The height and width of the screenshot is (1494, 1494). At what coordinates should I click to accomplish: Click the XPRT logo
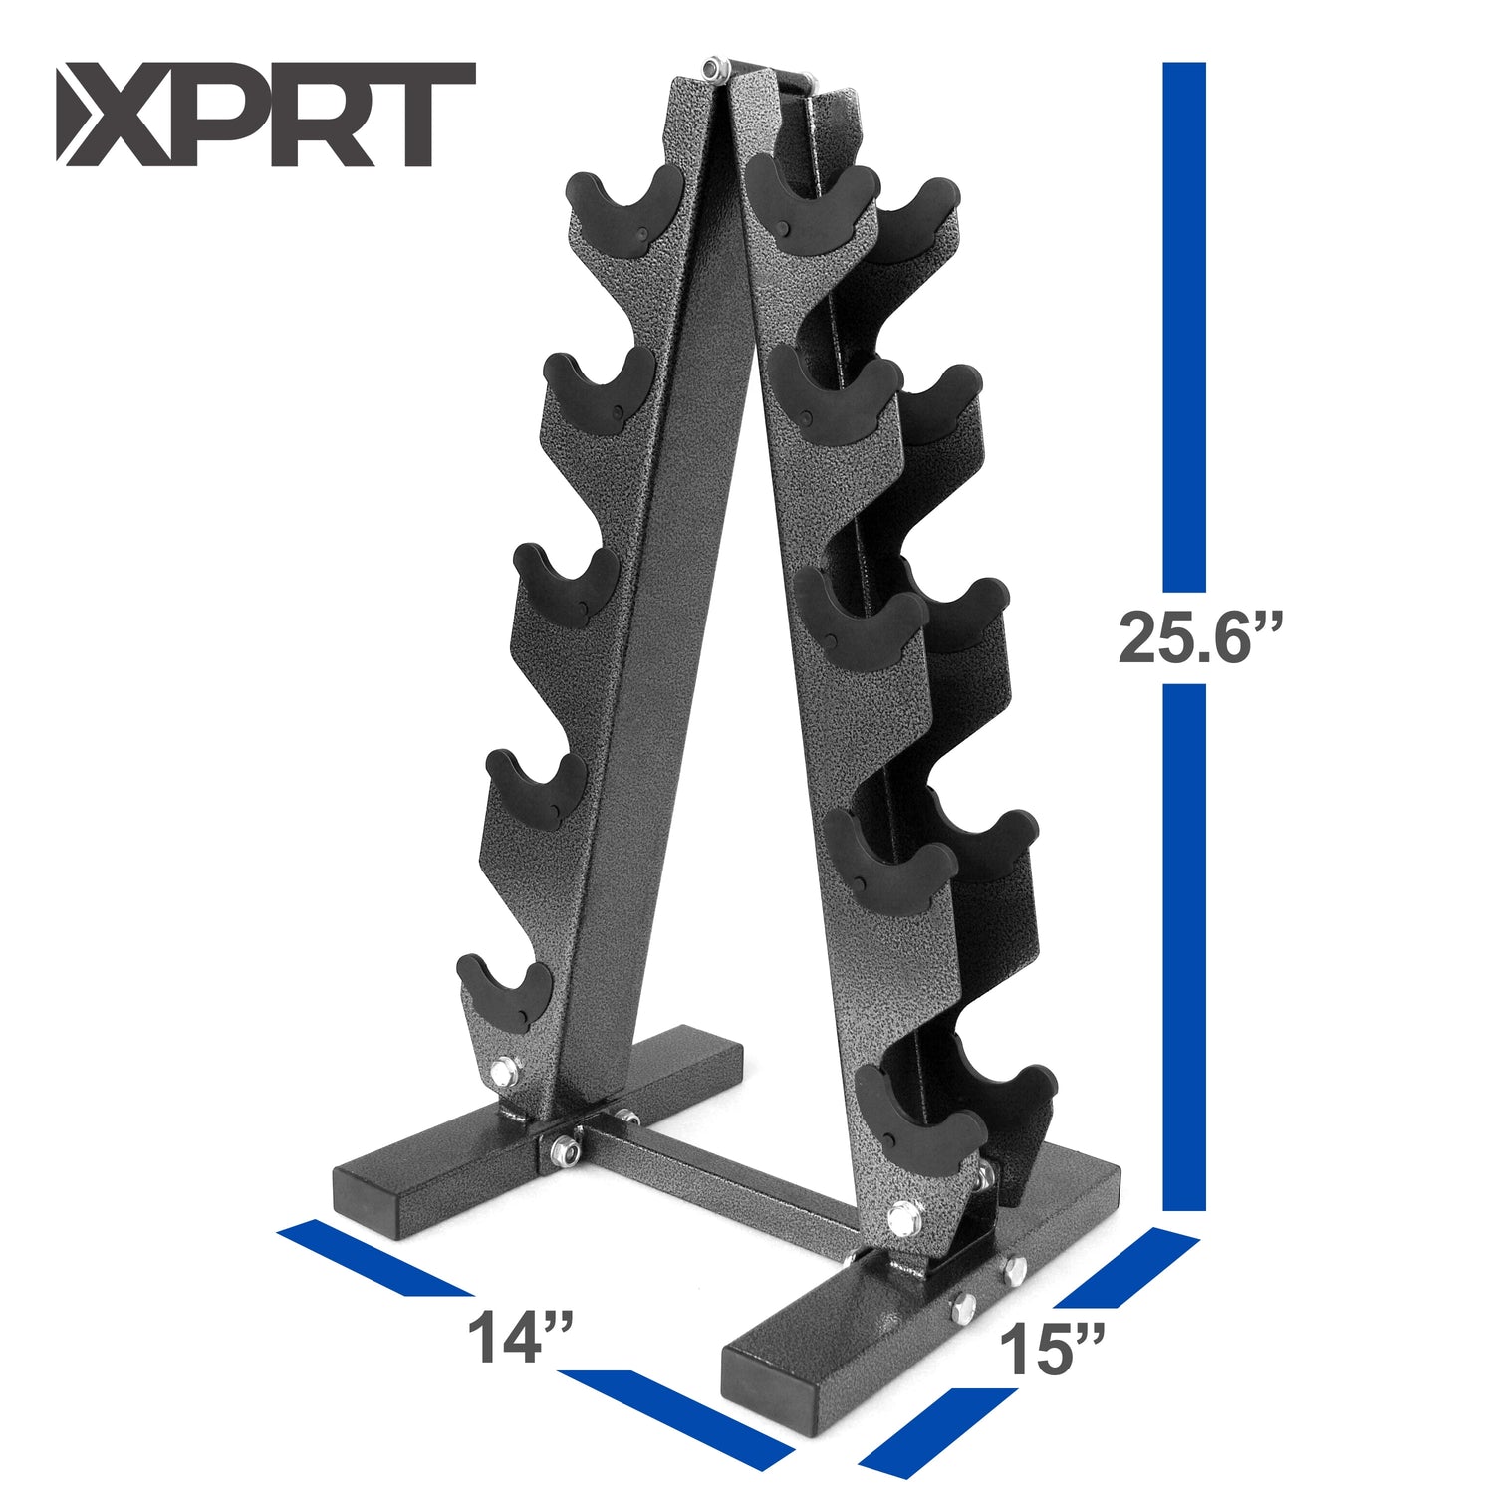[264, 114]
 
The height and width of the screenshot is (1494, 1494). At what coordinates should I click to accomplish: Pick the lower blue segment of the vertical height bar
[1183, 946]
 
